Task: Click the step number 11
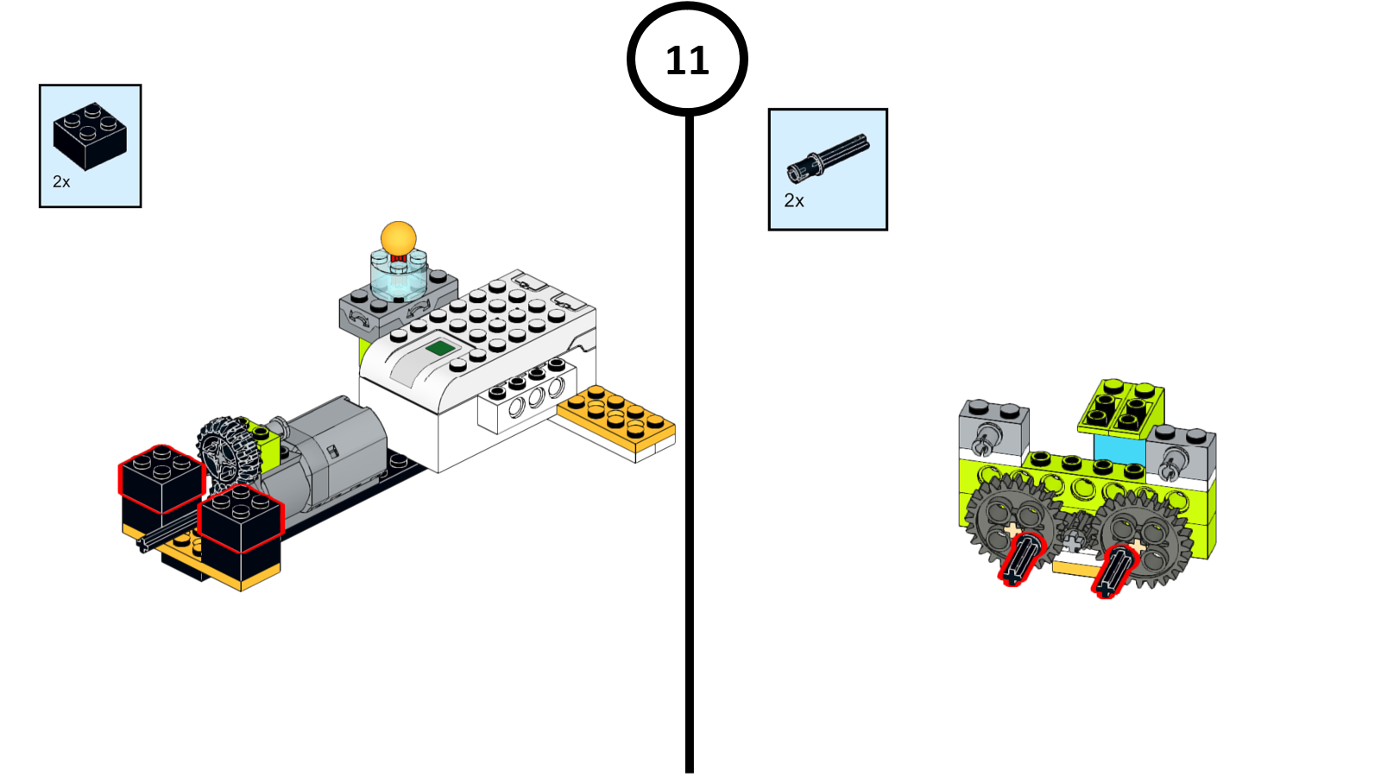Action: (687, 60)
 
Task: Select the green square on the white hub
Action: (440, 348)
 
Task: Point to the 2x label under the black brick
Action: (61, 181)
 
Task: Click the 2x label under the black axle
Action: (794, 200)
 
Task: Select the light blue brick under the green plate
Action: (1119, 449)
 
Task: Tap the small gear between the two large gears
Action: (1075, 530)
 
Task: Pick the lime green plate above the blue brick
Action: (1120, 407)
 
